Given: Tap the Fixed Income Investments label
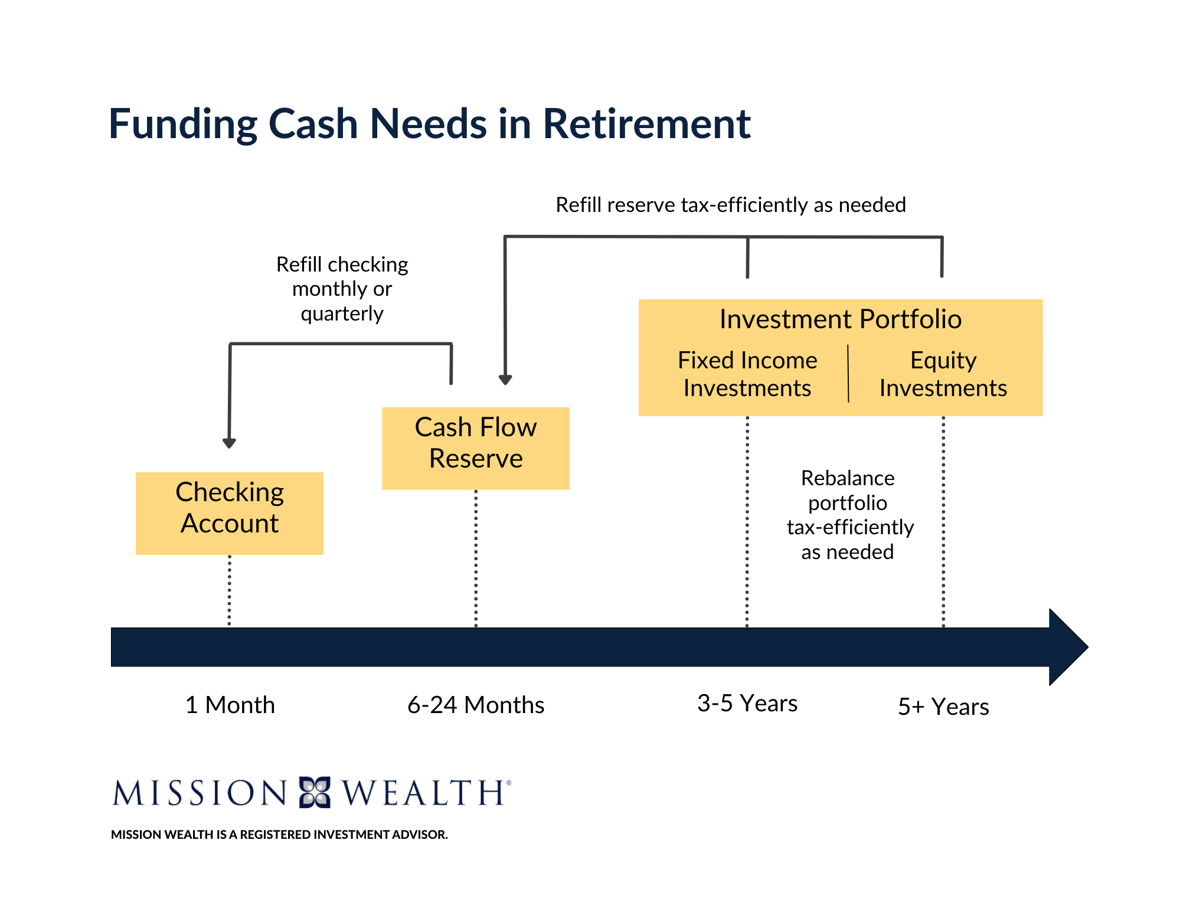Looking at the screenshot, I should [747, 374].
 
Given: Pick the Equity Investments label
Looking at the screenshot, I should [943, 374].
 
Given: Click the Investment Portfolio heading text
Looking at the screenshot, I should [840, 319].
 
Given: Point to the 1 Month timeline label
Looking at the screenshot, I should [230, 705].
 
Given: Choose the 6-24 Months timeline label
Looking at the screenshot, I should [476, 705].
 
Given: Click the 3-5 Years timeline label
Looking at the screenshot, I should [747, 703].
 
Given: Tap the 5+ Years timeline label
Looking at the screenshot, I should [943, 707].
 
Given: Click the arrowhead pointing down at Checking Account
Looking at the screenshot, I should [229, 443].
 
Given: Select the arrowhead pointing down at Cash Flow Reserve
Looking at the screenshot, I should [505, 380].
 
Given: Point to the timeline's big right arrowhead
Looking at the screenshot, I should [1067, 647].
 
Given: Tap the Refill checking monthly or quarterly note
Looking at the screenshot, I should [342, 289].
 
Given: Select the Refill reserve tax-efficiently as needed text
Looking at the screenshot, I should [730, 205].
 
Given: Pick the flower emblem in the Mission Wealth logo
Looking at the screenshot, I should [315, 792].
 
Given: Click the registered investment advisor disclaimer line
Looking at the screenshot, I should [279, 834].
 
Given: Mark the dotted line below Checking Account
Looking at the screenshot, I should [229, 590].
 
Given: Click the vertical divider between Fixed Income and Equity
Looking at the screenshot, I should [848, 374].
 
